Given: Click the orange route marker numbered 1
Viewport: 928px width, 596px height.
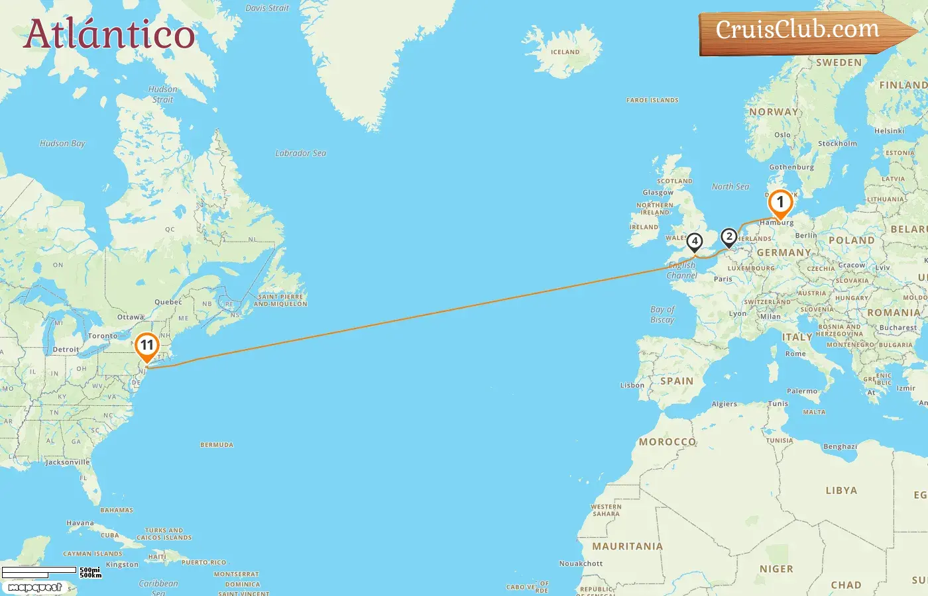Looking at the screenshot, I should pyautogui.click(x=780, y=203).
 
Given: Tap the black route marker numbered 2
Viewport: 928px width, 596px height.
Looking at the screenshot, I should pyautogui.click(x=728, y=236).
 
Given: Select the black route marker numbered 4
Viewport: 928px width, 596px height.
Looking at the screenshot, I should pyautogui.click(x=694, y=242).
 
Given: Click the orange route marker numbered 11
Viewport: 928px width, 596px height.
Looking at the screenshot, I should pyautogui.click(x=146, y=346).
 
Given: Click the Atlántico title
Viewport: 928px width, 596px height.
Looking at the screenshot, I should pyautogui.click(x=109, y=34).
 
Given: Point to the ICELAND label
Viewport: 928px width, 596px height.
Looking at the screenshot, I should pyautogui.click(x=565, y=52).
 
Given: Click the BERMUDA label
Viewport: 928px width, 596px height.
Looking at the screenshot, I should pyautogui.click(x=217, y=445).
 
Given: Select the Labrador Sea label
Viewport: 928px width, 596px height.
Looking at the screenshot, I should pyautogui.click(x=300, y=153).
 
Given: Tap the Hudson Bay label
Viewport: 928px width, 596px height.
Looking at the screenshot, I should pyautogui.click(x=62, y=143).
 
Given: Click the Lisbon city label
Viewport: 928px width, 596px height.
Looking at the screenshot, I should pyautogui.click(x=632, y=385).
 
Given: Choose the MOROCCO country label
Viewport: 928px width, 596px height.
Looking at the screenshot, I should pyautogui.click(x=667, y=442).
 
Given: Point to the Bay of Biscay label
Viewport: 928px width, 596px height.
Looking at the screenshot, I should pyautogui.click(x=662, y=315).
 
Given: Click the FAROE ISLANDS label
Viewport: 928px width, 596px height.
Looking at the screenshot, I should pyautogui.click(x=652, y=101).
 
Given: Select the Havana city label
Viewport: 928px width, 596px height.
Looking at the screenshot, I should pyautogui.click(x=80, y=523).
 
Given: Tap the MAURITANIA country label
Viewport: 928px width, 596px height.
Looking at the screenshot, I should pyautogui.click(x=627, y=546).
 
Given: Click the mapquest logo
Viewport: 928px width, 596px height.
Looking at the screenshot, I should pyautogui.click(x=34, y=587).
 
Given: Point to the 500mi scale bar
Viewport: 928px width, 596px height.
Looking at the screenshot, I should pyautogui.click(x=40, y=570).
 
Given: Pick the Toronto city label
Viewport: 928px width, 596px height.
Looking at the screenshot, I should pyautogui.click(x=103, y=336).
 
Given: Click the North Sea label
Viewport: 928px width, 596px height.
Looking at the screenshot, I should pyautogui.click(x=730, y=187).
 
